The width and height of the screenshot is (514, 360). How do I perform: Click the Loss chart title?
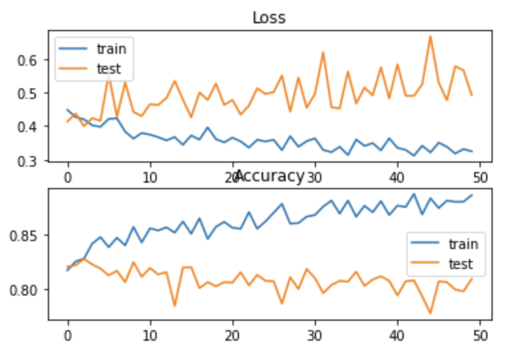pos(269,17)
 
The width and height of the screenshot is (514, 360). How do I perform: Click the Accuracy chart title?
pos(269,176)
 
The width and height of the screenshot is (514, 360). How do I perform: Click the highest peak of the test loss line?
pos(430,36)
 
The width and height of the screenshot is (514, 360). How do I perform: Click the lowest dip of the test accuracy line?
pos(430,313)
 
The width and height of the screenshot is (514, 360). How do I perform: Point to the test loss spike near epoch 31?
pos(323,52)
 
